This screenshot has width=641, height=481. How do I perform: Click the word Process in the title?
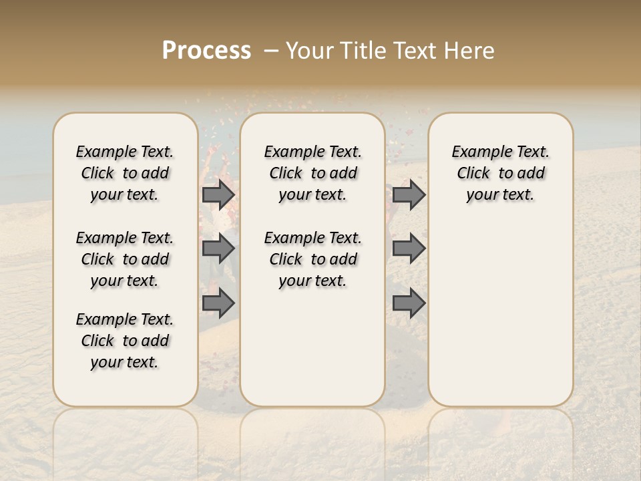point(206,51)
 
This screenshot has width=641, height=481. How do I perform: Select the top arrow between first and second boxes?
point(218,195)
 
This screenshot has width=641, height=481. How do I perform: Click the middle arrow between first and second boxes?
point(218,249)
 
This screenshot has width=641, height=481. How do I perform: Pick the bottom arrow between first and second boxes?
point(218,303)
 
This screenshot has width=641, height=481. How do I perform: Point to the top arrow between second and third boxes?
point(409,195)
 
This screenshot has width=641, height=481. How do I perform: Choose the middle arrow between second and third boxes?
point(409,249)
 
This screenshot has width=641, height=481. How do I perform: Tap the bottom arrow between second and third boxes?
point(409,303)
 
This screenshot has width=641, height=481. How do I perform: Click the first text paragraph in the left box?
point(125,173)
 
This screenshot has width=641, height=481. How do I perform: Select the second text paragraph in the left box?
point(125,259)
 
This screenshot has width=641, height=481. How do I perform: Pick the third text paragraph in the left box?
point(125,341)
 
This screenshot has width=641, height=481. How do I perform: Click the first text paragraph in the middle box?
point(312,173)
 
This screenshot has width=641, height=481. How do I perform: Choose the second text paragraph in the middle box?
point(312,259)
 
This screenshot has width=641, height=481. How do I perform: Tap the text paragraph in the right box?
point(500,173)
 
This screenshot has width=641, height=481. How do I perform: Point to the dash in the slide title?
point(270,51)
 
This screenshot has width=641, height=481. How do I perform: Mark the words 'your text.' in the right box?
point(500,195)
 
